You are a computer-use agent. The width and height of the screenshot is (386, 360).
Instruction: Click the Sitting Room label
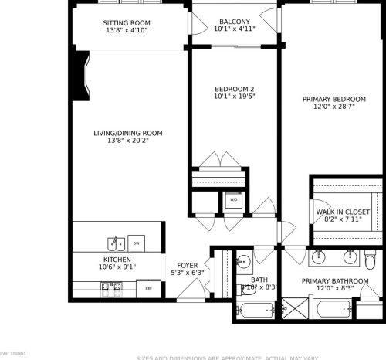point(126,22)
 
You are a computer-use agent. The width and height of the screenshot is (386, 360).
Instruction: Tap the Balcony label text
point(234,21)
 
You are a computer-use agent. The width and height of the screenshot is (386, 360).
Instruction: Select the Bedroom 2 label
point(234,89)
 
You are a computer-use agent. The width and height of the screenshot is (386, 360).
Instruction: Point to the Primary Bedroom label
point(334,99)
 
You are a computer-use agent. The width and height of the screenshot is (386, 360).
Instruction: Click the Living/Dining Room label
point(128,133)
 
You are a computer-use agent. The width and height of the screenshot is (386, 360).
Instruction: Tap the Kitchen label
point(117,260)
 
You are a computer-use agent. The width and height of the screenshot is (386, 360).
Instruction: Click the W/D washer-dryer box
point(233,201)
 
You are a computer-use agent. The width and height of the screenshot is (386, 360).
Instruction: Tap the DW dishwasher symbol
point(136,242)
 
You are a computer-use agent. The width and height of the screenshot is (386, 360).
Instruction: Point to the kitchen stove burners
point(107,287)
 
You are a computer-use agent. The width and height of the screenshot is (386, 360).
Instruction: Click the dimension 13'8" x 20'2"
point(128,141)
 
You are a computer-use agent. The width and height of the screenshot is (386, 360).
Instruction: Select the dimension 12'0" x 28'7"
point(334,107)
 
